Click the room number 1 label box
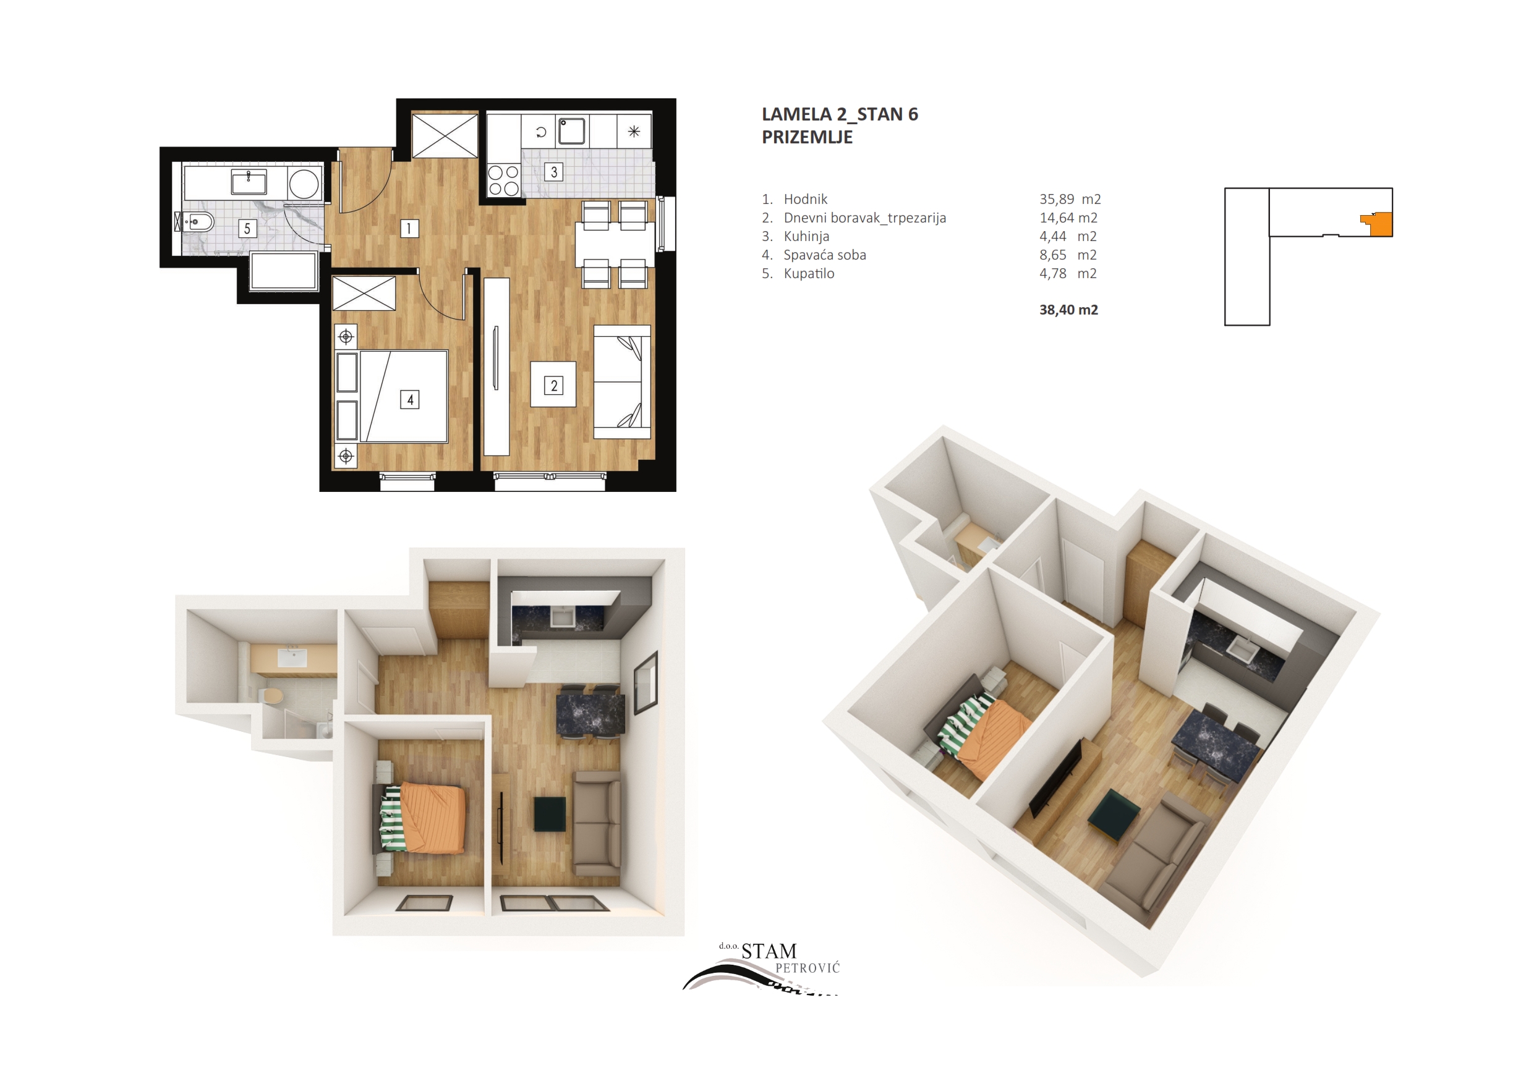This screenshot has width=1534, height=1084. coord(409,229)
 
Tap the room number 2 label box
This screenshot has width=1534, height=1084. coord(553,386)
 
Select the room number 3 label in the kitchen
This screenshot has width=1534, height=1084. coord(553,172)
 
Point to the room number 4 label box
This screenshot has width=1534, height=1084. coord(409,399)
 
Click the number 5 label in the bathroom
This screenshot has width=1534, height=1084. coord(247,229)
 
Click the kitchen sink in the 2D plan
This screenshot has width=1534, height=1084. coord(573,131)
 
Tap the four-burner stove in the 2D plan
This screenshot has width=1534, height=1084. coord(504,180)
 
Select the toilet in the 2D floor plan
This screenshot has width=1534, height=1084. coord(196,221)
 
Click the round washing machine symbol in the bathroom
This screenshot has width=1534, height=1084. coord(304,182)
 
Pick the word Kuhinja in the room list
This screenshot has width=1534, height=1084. coord(806,237)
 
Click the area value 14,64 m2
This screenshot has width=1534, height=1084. coord(1068,218)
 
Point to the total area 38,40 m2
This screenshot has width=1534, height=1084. coord(1068,310)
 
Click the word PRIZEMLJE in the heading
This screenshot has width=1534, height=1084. coord(807,137)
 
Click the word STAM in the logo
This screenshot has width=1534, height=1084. coord(769,951)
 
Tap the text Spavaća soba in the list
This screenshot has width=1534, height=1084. coord(824,255)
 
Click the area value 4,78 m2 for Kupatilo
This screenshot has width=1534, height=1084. coord(1068,273)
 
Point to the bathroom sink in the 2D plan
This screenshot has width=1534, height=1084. coord(249,181)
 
